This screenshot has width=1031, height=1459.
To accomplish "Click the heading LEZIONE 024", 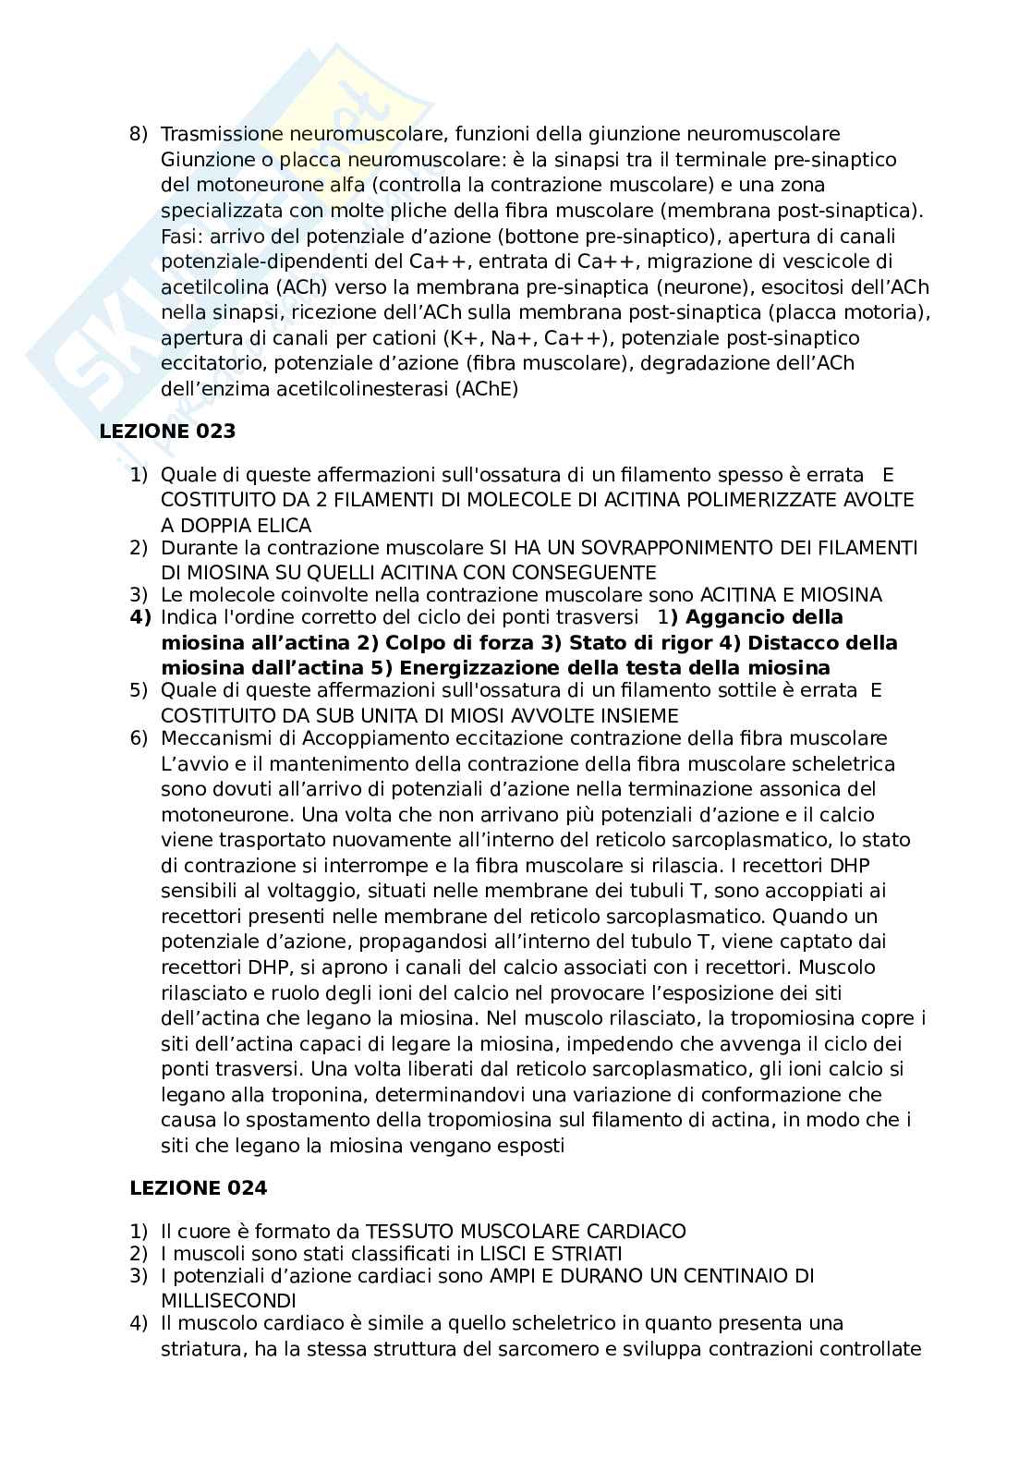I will (x=198, y=1188).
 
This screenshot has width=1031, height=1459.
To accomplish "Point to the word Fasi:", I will (x=179, y=236).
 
